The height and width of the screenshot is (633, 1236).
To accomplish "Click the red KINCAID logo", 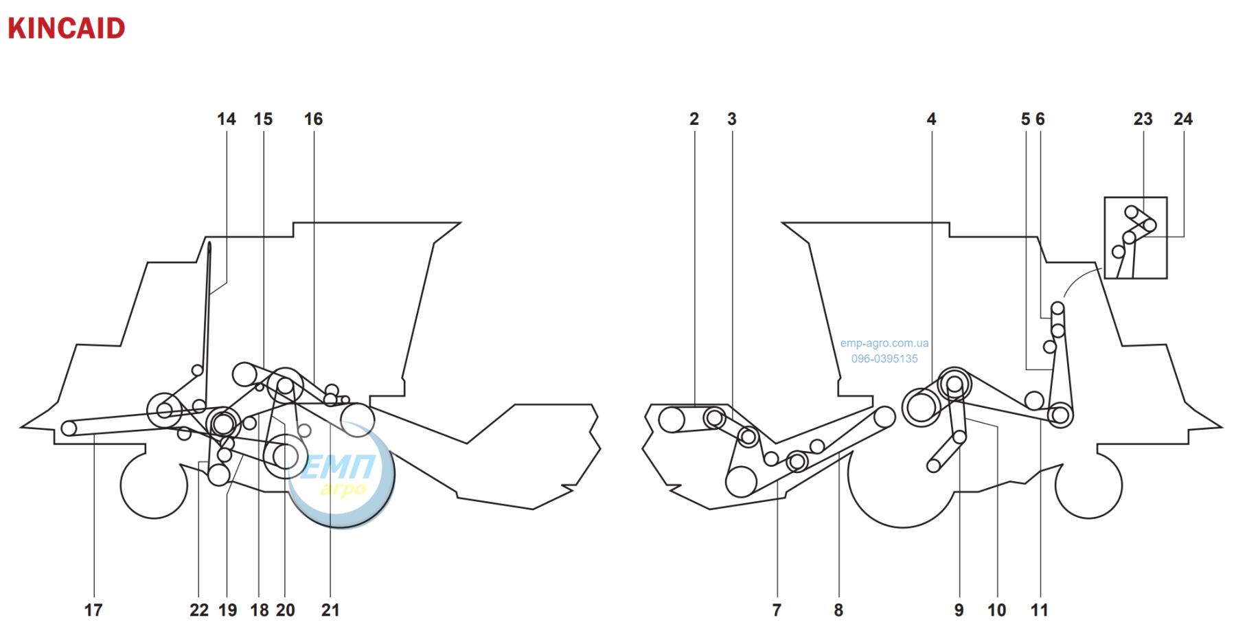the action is [x=67, y=28].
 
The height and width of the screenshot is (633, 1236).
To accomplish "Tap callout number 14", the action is [x=227, y=119].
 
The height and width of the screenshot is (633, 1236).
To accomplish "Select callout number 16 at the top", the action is [x=314, y=119].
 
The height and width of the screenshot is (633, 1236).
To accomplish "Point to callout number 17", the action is [x=93, y=610].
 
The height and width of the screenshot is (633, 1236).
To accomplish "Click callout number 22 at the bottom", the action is [x=199, y=610].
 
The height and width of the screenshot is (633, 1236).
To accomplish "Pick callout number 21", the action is [x=330, y=610].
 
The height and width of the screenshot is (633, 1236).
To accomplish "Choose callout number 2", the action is [x=694, y=119].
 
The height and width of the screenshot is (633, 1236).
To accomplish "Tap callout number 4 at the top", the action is [x=932, y=119].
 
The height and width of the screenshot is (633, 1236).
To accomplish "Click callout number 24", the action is [x=1183, y=119].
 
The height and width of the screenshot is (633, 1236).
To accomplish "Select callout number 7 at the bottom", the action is [x=777, y=610].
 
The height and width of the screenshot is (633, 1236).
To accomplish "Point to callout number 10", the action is [x=997, y=610].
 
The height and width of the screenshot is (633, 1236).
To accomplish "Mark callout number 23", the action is [x=1143, y=119].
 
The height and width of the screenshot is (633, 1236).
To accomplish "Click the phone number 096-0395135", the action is [x=884, y=358].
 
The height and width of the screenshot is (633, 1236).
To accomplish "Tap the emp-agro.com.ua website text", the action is [x=884, y=343].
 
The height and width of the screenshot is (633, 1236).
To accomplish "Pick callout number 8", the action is [x=838, y=610].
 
